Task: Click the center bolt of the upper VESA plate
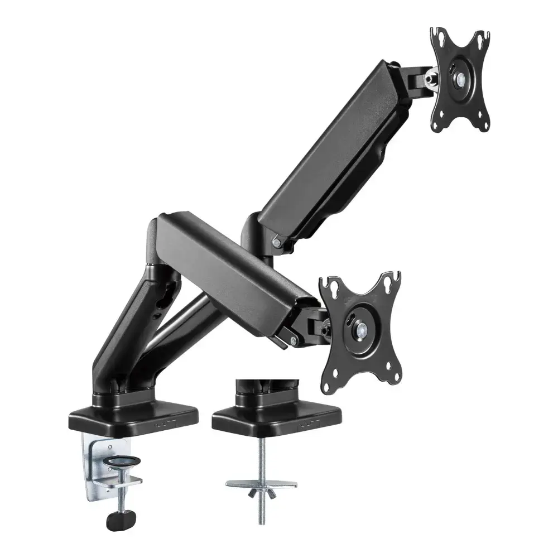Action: point(461,79)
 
